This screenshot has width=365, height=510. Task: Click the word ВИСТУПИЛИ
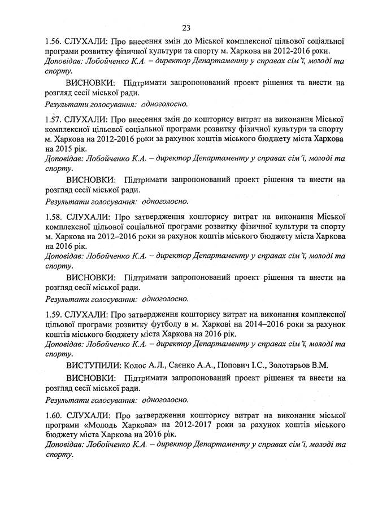pos(95,365)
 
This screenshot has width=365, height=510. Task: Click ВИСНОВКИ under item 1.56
pos(91,83)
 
